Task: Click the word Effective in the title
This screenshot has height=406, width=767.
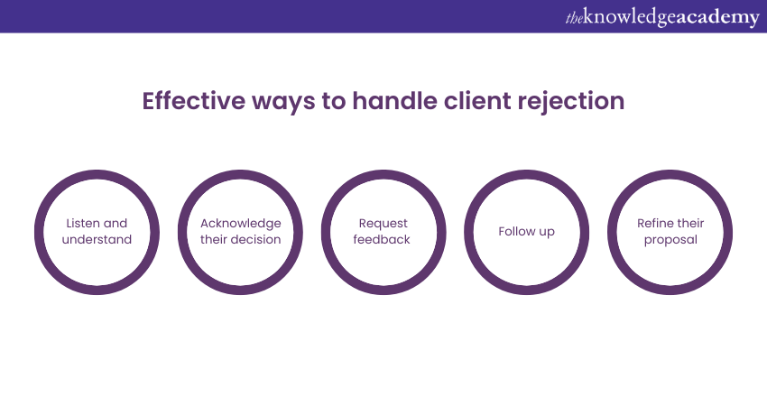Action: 194,101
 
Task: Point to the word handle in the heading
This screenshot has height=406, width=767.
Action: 394,101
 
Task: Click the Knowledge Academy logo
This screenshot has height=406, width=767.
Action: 662,17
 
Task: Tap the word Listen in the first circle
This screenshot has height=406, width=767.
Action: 82,223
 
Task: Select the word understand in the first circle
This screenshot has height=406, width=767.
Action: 97,239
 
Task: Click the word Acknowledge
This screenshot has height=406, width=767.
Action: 241,224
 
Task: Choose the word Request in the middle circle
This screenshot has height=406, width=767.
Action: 383,224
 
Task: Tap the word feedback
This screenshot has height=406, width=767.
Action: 382,239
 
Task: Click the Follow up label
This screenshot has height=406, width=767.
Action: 526,231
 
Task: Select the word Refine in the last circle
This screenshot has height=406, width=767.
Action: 652,223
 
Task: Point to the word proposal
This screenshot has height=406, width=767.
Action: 670,240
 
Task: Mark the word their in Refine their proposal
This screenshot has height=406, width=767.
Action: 688,223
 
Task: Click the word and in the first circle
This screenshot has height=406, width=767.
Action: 116,223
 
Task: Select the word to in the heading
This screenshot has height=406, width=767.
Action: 334,101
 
